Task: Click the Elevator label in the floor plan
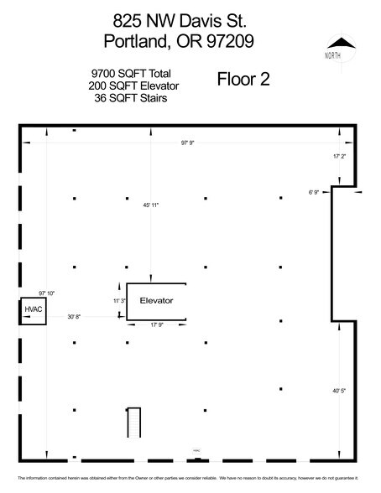click(155, 299)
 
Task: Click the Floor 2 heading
click(243, 81)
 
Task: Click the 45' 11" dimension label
click(151, 205)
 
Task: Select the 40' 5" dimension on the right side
click(343, 391)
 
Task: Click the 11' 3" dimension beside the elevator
click(118, 300)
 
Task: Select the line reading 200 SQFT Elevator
click(133, 86)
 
